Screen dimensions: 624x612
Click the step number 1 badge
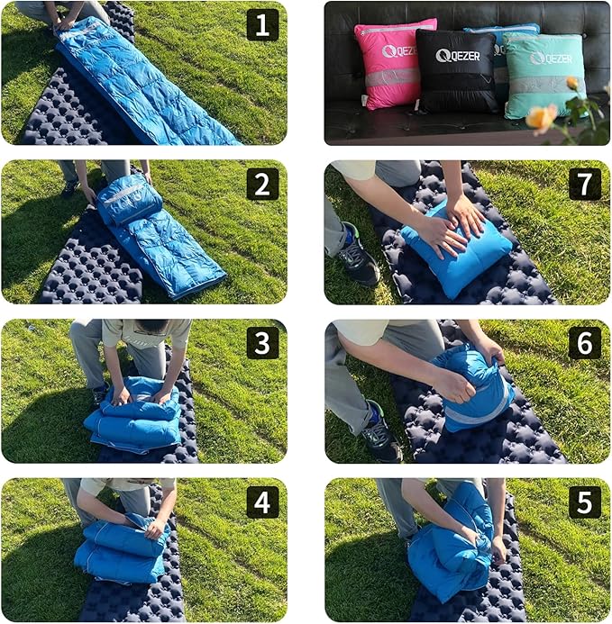click(262, 25)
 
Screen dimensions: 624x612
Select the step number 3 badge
click(262, 343)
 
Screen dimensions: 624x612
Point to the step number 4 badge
click(262, 502)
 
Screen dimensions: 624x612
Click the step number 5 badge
click(584, 502)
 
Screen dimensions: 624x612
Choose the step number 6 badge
click(584, 343)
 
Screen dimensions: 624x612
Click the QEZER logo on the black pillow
click(457, 56)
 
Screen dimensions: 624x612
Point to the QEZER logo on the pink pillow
click(397, 51)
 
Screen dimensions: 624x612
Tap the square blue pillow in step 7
click(456, 247)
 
